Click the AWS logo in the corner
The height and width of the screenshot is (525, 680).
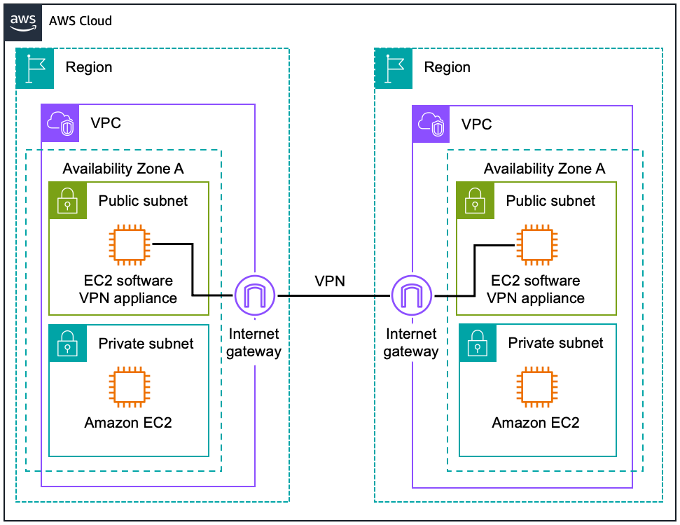24,20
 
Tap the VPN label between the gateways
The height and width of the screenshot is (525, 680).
330,281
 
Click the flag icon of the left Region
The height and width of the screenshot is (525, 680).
35,68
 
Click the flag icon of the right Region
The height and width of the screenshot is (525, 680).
394,68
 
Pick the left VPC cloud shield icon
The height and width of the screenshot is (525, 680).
60,124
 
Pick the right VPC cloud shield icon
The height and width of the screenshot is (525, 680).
431,124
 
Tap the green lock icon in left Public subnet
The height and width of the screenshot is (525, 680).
67,201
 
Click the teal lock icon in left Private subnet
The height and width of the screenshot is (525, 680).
67,343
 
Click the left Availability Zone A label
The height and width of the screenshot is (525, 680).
123,169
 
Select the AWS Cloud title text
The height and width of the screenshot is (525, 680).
80,20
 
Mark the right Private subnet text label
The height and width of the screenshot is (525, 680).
555,343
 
